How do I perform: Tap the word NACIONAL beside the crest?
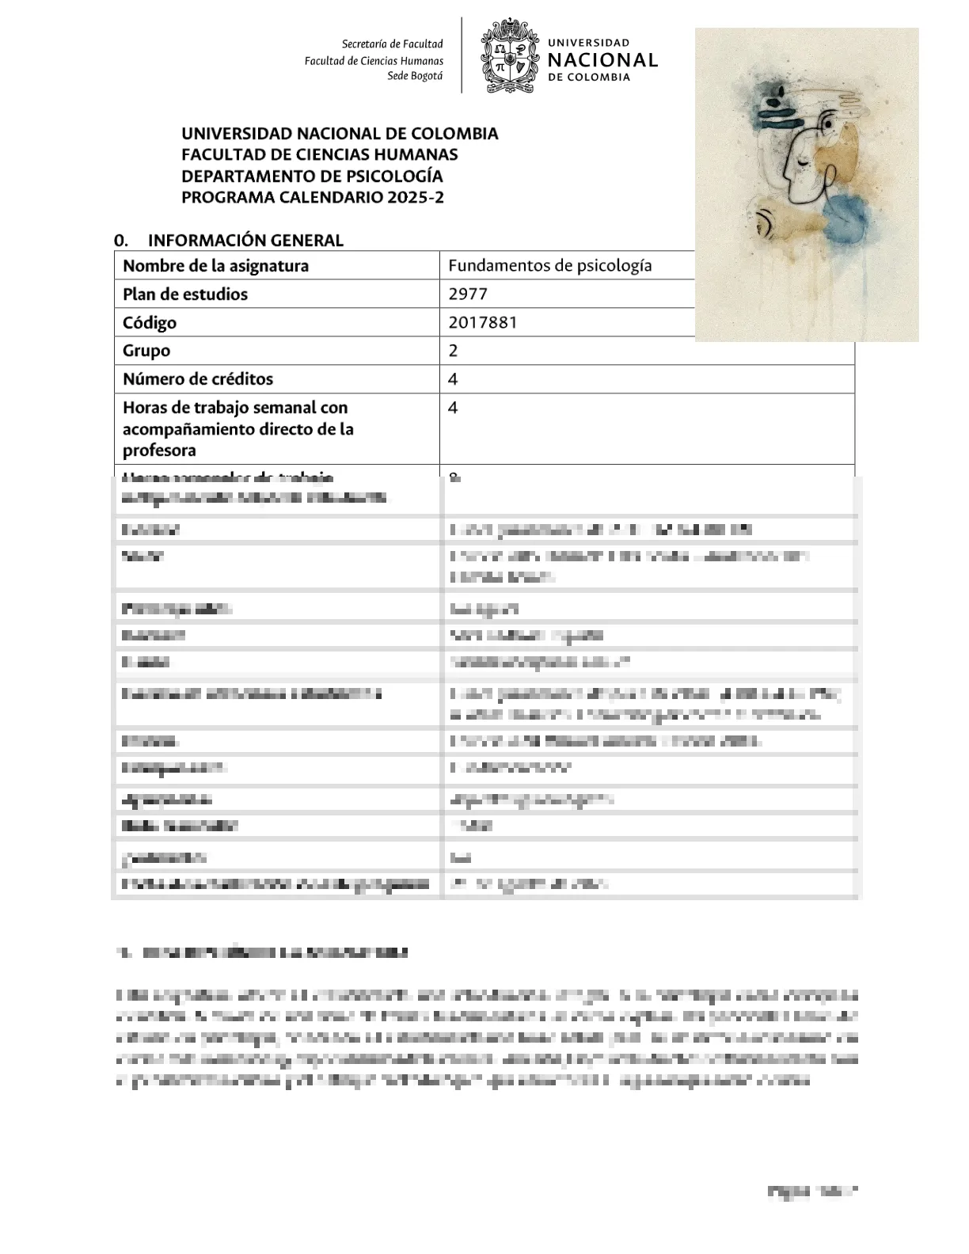tap(602, 60)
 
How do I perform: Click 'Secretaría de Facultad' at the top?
tap(392, 44)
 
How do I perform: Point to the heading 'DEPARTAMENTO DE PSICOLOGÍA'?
tap(312, 176)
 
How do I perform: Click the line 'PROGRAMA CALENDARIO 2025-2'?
tap(313, 197)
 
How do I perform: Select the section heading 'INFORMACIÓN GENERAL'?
tap(245, 241)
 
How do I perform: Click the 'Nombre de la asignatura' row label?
tap(215, 266)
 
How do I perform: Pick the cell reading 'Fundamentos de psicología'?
tap(550, 266)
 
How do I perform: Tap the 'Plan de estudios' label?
tap(185, 294)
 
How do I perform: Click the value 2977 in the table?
tap(468, 294)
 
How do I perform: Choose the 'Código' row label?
tap(150, 323)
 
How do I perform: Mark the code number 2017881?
tap(483, 323)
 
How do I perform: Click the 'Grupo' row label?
tap(146, 351)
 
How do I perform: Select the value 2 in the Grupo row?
tap(453, 351)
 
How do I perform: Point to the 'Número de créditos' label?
tap(198, 379)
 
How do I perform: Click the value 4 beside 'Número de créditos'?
tap(453, 379)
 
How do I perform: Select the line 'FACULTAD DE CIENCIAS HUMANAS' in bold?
tap(320, 154)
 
